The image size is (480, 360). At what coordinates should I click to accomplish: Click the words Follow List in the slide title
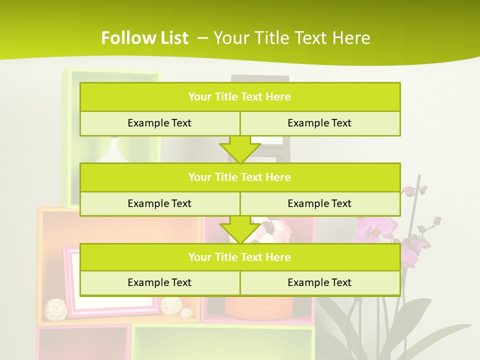pyautogui.click(x=144, y=38)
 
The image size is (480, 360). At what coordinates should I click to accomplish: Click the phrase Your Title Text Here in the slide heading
pyautogui.click(x=291, y=38)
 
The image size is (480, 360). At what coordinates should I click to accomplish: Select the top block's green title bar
pyautogui.click(x=240, y=97)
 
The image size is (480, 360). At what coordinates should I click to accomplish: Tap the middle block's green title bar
pyautogui.click(x=240, y=177)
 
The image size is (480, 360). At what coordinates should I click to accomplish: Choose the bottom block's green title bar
pyautogui.click(x=240, y=257)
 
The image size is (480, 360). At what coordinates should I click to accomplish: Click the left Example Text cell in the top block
pyautogui.click(x=159, y=123)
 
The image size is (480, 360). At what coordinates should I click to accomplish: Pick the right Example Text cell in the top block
pyautogui.click(x=320, y=123)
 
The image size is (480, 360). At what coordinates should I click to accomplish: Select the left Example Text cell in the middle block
pyautogui.click(x=159, y=203)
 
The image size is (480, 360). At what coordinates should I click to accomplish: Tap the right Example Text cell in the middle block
pyautogui.click(x=320, y=203)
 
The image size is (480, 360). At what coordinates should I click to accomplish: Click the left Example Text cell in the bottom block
pyautogui.click(x=159, y=282)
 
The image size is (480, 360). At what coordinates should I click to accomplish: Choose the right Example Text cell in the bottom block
pyautogui.click(x=320, y=282)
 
